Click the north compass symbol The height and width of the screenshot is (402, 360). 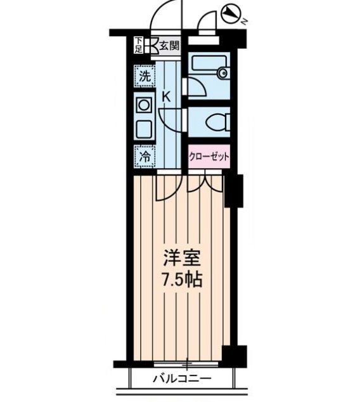(231, 12)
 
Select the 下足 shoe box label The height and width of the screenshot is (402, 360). (139, 44)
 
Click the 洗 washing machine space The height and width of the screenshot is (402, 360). (145, 77)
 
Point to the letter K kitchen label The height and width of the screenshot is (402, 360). (166, 96)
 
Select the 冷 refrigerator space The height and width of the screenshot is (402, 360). (145, 155)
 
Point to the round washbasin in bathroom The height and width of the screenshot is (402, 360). (222, 74)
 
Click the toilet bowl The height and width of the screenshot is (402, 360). (213, 120)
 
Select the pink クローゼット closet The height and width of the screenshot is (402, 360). (208, 155)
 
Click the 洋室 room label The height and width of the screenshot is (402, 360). (183, 259)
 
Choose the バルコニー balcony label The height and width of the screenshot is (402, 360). (182, 379)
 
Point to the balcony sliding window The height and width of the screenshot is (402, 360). (185, 364)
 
